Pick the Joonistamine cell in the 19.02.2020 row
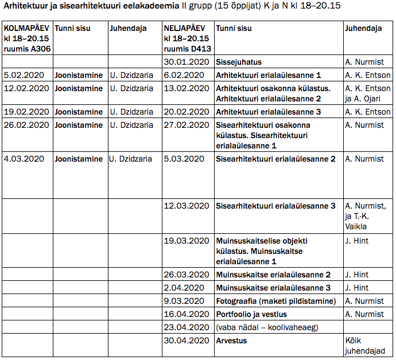coord(79,112)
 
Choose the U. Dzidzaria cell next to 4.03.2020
coord(131,159)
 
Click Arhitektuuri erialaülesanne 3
coord(268,112)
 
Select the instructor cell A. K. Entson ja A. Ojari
coord(367,93)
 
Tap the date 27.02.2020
coord(186,125)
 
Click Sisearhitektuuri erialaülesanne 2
coord(275,159)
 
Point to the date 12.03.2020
coord(186,206)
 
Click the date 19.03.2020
coord(186,241)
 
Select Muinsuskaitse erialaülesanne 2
coord(273,275)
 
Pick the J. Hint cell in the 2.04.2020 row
coord(356,288)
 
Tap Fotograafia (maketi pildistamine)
coord(275,301)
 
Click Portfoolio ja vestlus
coord(251,314)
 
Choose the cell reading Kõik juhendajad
coord(365,346)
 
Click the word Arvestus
coord(231,341)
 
